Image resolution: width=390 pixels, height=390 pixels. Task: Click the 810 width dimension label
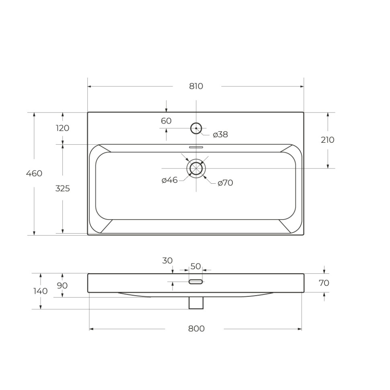point(196,86)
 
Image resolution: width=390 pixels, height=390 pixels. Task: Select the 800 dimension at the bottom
point(196,328)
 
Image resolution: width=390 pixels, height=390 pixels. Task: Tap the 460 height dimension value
point(34,173)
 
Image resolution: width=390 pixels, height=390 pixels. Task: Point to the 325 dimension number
point(62,188)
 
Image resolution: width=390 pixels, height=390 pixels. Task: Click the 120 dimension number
point(62,128)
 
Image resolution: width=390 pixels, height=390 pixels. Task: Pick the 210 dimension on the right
point(328,140)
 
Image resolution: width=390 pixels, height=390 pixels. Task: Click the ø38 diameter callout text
point(220,135)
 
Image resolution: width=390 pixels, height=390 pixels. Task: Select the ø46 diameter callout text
point(170,180)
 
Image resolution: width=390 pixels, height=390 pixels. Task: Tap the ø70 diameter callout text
point(225,183)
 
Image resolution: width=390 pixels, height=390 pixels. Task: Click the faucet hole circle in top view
point(196,128)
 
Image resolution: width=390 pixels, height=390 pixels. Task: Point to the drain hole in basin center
point(196,168)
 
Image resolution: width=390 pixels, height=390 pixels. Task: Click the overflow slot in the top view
point(196,147)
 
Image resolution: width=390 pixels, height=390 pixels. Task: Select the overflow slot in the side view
point(196,282)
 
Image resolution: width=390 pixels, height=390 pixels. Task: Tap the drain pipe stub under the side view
point(196,303)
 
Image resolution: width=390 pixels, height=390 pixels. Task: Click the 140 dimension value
point(40,291)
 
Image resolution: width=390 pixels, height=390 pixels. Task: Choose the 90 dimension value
point(62,285)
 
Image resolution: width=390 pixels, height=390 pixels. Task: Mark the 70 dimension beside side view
point(324,283)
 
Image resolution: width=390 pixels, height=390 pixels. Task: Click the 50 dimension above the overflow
point(195,266)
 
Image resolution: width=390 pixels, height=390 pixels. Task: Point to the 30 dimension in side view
point(167,260)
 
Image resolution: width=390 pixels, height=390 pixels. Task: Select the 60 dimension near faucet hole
point(166,121)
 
